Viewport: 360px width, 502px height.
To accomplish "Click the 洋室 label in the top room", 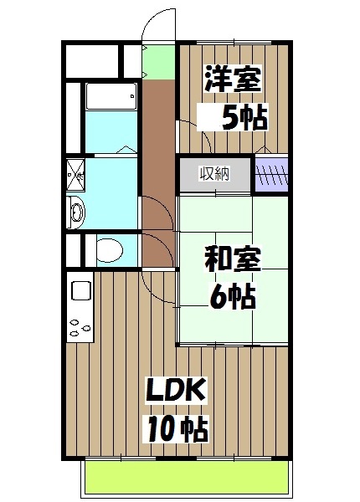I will [233, 80].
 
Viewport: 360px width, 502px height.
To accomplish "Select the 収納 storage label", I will [213, 174].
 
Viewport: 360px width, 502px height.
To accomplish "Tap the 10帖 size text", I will [177, 429].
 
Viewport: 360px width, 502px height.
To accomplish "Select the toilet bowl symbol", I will [107, 249].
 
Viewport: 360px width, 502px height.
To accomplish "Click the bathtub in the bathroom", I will [111, 100].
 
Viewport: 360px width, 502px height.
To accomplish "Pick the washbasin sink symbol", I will [75, 211].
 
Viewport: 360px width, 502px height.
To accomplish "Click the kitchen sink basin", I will [81, 292].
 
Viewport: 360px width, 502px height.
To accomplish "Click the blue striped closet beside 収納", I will [271, 175].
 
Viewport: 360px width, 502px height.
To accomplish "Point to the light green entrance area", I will [157, 60].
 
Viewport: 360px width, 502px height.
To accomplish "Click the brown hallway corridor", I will [157, 151].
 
